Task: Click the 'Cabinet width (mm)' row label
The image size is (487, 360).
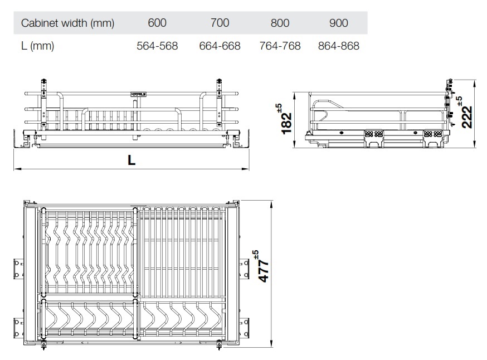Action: point(67,23)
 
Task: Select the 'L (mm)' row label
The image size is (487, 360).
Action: point(37,46)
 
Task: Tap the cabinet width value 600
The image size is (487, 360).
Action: point(157,23)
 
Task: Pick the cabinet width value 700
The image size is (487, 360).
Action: point(220,23)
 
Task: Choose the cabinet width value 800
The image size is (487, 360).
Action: point(280,23)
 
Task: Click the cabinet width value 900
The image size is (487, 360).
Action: point(338,23)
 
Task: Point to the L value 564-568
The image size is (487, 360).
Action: point(157,46)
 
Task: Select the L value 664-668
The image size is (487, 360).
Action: point(220,46)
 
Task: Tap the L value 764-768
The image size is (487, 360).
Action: point(280,46)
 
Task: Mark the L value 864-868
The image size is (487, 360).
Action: point(338,46)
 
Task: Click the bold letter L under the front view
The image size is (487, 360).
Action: point(131,160)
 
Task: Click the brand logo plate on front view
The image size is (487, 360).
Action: point(138,95)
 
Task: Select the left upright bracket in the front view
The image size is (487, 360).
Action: point(42,103)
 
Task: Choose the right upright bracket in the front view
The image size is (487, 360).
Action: point(220,103)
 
